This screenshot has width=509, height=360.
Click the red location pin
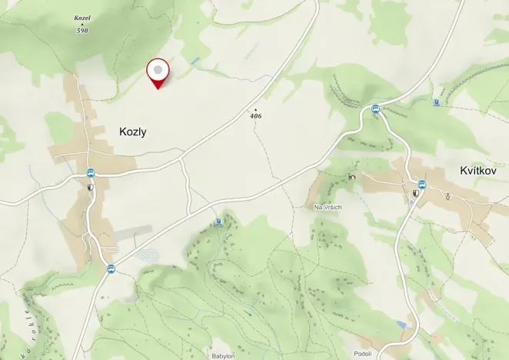(x=158, y=72)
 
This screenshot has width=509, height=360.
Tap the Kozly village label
(x=133, y=132)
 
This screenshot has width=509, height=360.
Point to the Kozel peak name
(x=82, y=17)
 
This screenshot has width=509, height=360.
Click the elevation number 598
(x=82, y=30)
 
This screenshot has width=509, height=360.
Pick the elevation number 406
(x=256, y=115)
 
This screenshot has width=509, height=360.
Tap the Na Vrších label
(x=328, y=207)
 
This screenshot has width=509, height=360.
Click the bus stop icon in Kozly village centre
(x=91, y=173)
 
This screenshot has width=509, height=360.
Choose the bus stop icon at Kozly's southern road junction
(x=111, y=268)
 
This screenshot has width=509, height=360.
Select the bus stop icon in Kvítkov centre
(x=421, y=185)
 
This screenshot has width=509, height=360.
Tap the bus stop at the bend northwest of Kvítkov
(x=375, y=108)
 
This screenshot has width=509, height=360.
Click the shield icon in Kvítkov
(x=416, y=194)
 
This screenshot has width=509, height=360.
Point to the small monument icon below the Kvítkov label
(x=447, y=196)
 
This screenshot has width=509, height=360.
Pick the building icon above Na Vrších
(x=351, y=176)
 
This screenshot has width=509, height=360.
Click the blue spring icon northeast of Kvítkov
(x=437, y=102)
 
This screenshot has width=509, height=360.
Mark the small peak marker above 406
(x=256, y=109)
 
